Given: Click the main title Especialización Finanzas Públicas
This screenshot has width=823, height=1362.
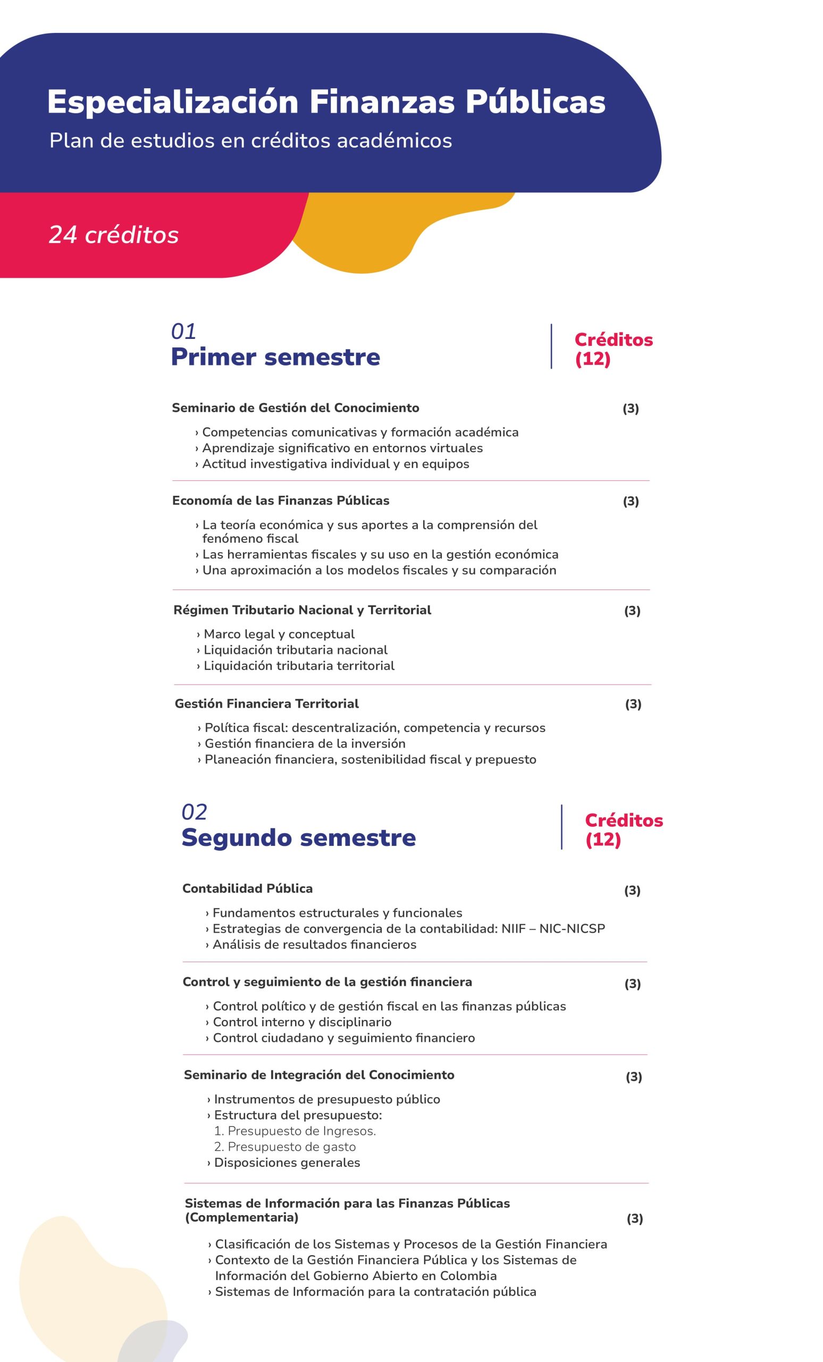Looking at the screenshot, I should [x=326, y=102].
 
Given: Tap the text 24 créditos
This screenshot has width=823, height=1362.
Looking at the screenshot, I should [x=114, y=235].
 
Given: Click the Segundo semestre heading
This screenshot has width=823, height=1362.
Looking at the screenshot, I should [x=298, y=837].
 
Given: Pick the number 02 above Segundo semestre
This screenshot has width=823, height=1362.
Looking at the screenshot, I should [x=194, y=812].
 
